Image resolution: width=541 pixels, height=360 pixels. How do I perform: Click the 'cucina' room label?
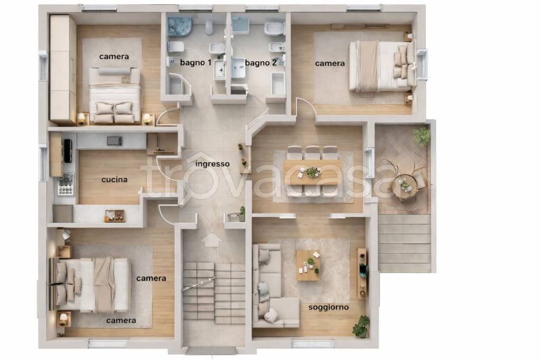(114, 179)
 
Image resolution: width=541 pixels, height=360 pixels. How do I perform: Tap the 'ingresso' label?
(212, 164)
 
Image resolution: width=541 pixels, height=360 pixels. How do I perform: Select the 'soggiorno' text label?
(329, 307)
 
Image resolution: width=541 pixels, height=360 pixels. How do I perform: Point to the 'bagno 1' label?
(195, 63)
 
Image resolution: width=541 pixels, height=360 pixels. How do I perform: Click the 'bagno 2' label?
(261, 63)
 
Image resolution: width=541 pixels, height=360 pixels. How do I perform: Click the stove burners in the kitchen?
(66, 184)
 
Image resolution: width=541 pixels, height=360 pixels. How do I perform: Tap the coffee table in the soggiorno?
(308, 265)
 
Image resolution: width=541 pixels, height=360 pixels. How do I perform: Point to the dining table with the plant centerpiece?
(312, 172)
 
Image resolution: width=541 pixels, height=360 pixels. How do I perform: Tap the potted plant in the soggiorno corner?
(361, 326)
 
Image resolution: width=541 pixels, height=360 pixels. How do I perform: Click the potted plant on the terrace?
(422, 136)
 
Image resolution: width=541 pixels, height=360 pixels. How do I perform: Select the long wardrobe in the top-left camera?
(63, 69)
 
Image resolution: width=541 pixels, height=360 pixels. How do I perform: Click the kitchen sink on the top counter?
(115, 141)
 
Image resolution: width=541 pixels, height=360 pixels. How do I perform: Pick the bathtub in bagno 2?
(278, 83)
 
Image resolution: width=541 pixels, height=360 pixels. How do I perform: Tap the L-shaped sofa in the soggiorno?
(273, 286)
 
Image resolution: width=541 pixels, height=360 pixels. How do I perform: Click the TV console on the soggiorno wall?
(362, 273)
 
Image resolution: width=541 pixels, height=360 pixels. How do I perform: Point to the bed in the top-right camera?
(382, 66)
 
